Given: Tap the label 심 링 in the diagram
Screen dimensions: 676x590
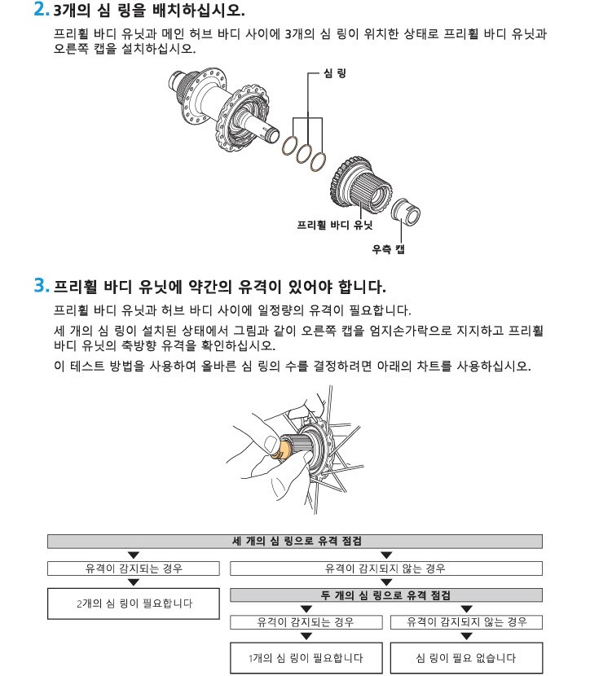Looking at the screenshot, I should click(x=335, y=74).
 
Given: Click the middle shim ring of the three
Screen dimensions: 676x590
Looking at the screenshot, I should click(x=303, y=152).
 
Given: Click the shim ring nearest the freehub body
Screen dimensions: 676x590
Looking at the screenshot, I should click(x=319, y=160).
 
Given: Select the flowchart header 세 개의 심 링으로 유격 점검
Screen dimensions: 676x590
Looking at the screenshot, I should click(x=295, y=541).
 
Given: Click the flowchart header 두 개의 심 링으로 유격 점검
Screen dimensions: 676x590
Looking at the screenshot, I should click(x=386, y=595).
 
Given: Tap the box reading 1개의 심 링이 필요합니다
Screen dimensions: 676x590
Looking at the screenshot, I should click(x=306, y=658).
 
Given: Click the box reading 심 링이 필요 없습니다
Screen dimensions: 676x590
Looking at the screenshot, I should click(x=466, y=658).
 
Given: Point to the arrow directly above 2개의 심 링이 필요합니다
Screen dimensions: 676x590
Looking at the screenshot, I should click(x=134, y=582).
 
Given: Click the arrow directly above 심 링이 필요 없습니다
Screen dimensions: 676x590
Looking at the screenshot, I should click(x=467, y=636).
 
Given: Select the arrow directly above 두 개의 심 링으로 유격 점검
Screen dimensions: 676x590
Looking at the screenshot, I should click(x=387, y=582).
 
